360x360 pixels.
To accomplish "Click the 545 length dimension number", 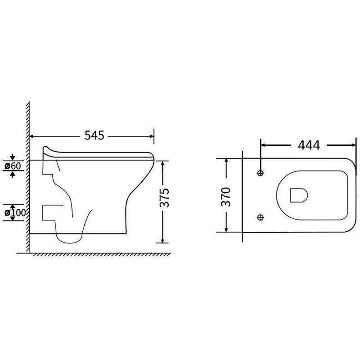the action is point(94,135).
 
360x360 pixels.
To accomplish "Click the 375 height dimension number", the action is point(164,198).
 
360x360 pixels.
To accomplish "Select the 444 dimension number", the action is point(309,145).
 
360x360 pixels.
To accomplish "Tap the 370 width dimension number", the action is point(226,197).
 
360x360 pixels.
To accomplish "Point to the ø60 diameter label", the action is point(13,166).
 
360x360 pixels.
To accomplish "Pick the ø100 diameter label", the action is point(15,212).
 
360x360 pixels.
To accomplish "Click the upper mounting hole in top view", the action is point(261,173).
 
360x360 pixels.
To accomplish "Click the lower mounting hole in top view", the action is point(261,217).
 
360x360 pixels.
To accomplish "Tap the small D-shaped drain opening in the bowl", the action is point(299,195).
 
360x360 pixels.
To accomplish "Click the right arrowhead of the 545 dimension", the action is point(152,136).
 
